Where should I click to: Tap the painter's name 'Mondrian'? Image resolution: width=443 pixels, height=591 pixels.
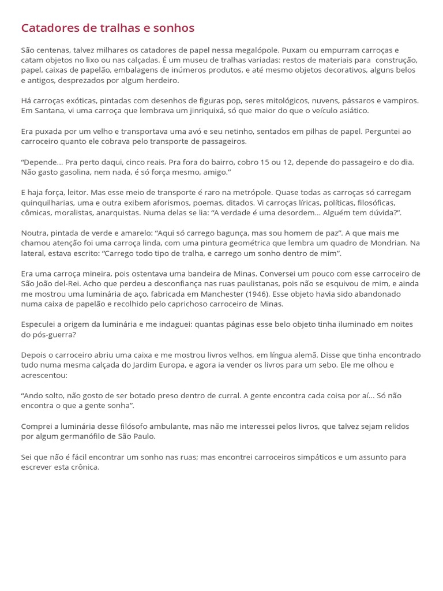(x=392, y=243)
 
